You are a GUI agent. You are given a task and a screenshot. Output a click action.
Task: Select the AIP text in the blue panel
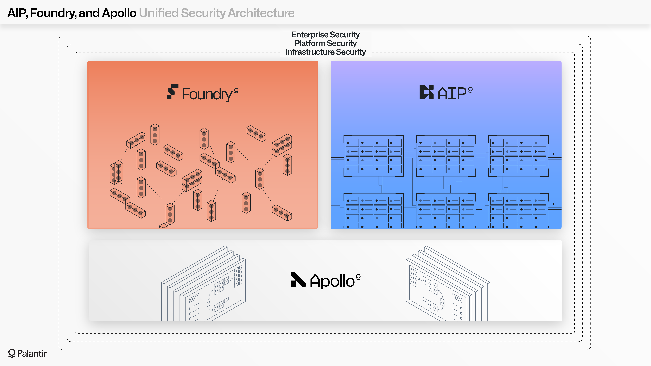(x=452, y=93)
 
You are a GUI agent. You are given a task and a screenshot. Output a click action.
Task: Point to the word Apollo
(x=332, y=281)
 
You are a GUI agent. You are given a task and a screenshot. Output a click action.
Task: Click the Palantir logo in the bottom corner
(x=27, y=353)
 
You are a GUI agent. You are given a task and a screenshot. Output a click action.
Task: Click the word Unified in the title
(x=158, y=13)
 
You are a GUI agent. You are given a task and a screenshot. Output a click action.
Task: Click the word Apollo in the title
(x=119, y=13)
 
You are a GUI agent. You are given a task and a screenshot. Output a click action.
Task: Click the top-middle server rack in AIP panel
(x=446, y=156)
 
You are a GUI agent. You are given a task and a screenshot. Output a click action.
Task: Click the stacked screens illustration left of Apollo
(x=203, y=285)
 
